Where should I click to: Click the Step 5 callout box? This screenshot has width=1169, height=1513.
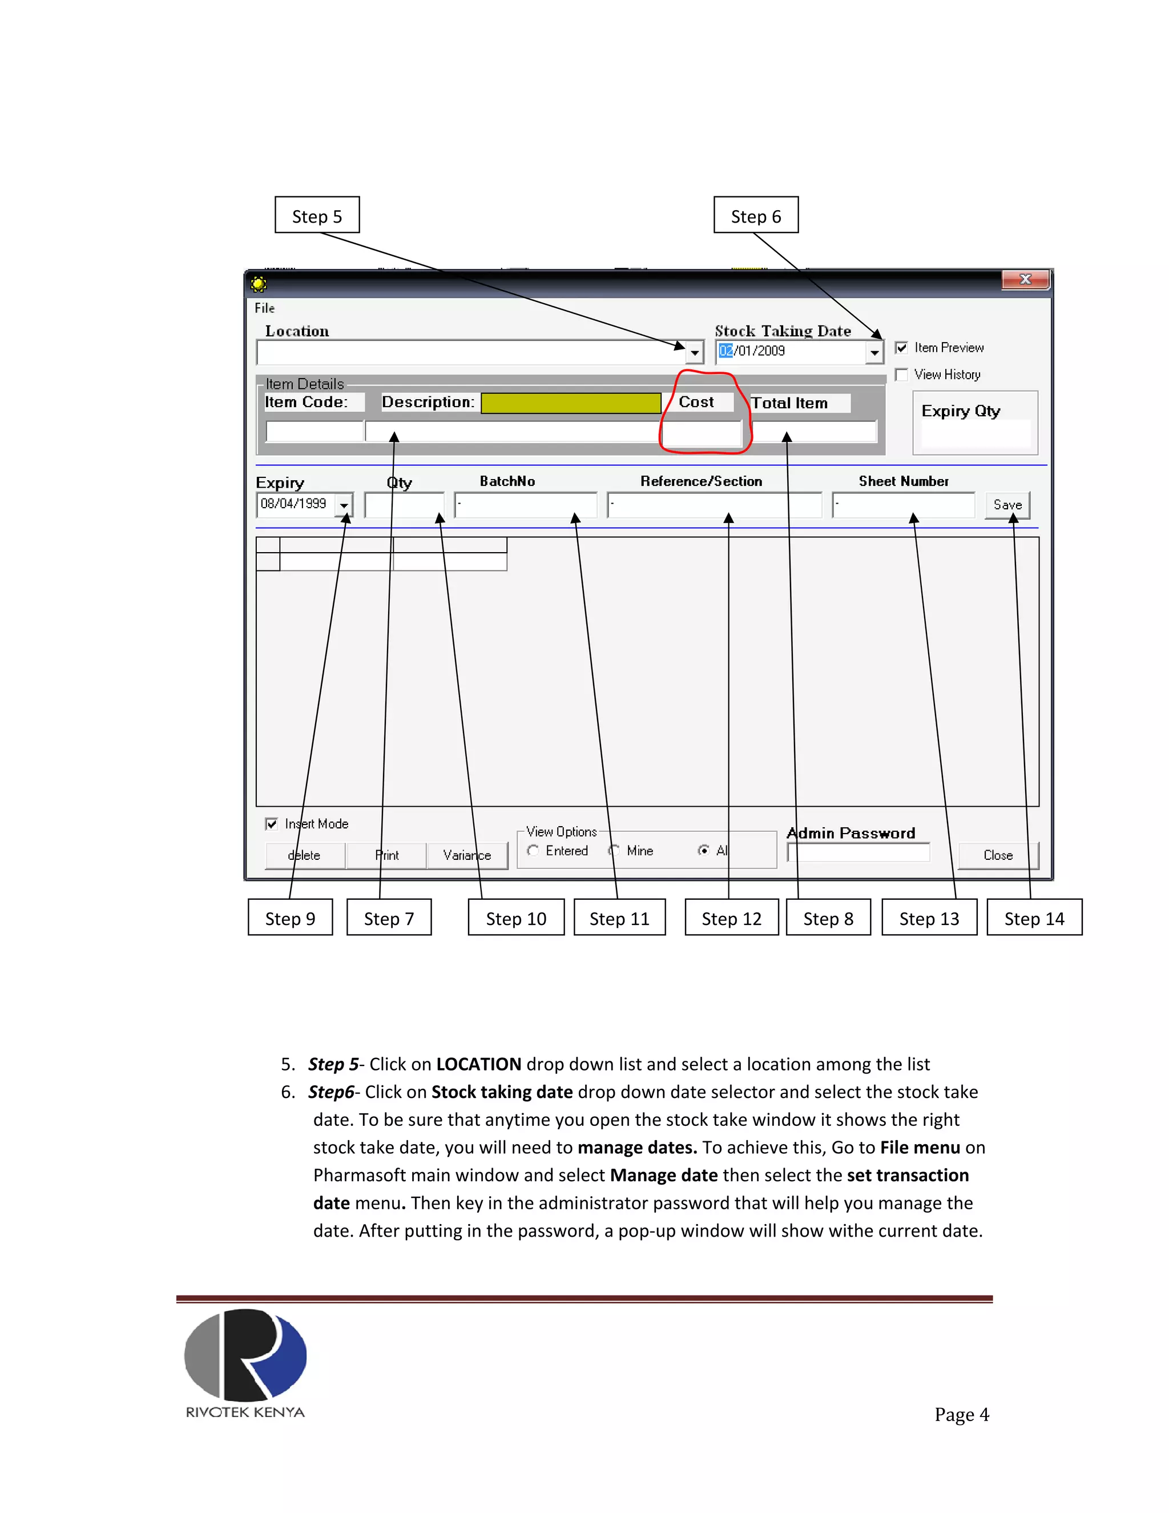point(317,215)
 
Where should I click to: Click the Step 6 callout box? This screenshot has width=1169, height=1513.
point(756,215)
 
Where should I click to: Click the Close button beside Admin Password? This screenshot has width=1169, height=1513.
point(997,855)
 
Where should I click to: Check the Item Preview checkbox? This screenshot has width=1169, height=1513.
point(901,348)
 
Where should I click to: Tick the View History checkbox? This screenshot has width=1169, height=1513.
point(901,375)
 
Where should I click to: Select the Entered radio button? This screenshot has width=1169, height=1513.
point(533,851)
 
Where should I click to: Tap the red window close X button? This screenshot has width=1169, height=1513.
point(1026,279)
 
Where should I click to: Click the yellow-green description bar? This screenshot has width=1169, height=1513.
point(571,403)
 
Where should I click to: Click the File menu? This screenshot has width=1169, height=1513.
point(264,308)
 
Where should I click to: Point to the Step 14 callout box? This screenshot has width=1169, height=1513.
point(1034,918)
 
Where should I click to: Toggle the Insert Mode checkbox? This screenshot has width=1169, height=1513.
point(272,824)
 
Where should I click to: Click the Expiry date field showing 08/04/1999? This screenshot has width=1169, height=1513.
point(295,504)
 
